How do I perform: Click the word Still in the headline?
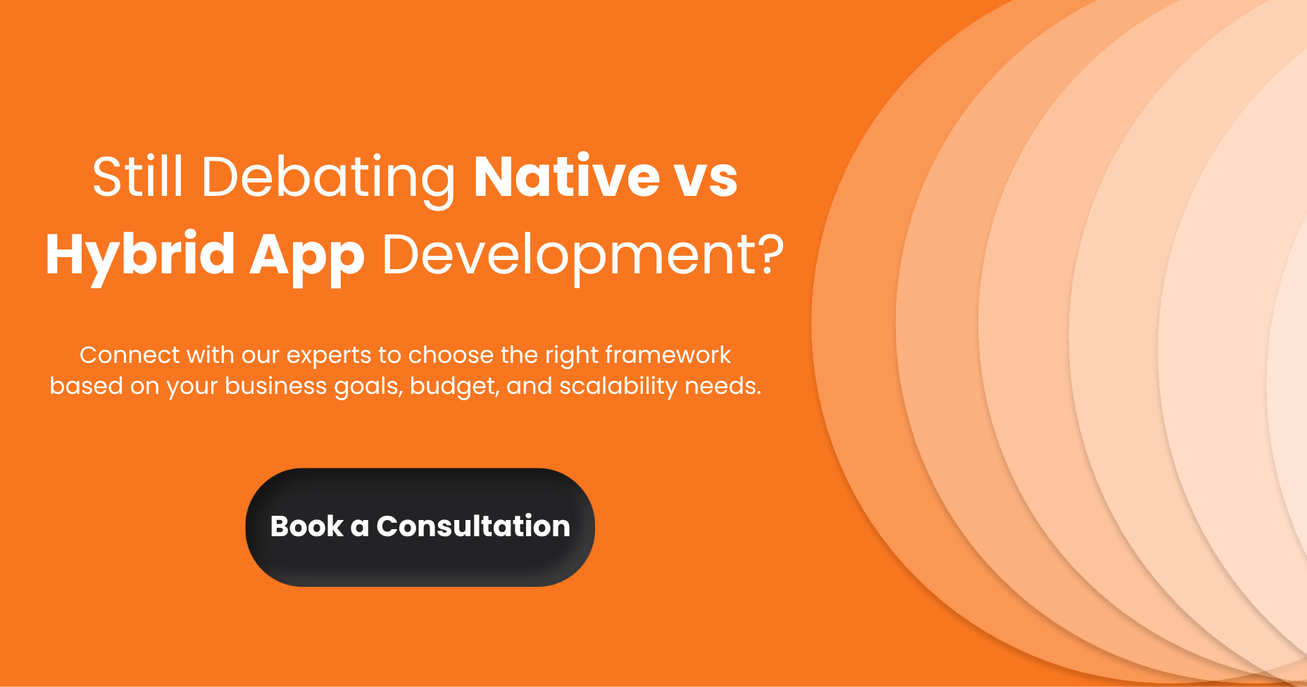(x=138, y=176)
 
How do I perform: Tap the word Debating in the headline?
(x=328, y=178)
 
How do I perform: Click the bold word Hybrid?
(x=140, y=255)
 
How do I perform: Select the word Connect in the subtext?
(x=120, y=355)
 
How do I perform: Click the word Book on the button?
(x=307, y=526)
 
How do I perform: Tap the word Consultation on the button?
(x=473, y=526)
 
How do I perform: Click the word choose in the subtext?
(x=451, y=355)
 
